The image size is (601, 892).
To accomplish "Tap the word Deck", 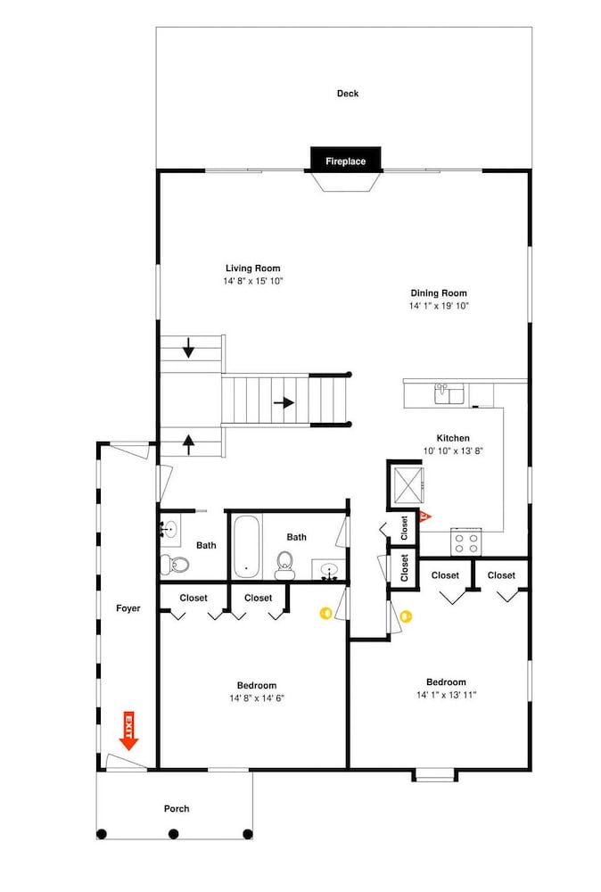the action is [348, 94].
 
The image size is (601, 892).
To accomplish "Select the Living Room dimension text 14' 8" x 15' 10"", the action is [253, 281].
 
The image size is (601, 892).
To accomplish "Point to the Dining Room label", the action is [439, 293].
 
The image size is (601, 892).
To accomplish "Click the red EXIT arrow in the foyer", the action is [129, 731].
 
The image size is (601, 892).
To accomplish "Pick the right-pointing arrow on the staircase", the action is [284, 403].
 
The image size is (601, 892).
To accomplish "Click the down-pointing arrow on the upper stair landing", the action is [188, 348].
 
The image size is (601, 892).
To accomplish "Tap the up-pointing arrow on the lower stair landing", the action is [189, 443].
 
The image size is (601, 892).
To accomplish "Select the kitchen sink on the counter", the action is [449, 393].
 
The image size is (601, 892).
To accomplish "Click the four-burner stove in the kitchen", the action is [466, 541].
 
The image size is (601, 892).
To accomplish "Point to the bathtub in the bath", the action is [247, 547].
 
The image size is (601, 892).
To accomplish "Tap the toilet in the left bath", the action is [175, 565].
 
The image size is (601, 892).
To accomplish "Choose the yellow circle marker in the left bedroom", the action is [325, 613].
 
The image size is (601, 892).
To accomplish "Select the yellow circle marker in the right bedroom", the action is [406, 616].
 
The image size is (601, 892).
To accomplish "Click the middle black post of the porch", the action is [174, 834].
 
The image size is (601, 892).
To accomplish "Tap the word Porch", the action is [177, 808].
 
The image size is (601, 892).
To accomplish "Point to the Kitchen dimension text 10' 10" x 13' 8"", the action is [453, 451].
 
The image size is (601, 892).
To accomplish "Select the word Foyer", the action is [128, 608].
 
